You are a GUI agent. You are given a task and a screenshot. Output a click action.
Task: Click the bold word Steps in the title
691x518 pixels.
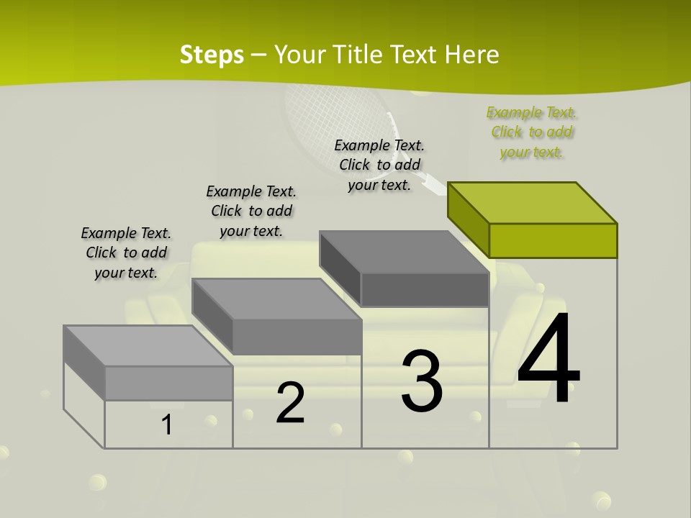(x=212, y=55)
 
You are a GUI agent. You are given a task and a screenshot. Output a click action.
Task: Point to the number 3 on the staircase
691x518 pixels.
(x=421, y=381)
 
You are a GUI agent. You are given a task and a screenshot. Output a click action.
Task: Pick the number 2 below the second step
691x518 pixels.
(x=290, y=403)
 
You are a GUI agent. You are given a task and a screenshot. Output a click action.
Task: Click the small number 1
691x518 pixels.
(x=167, y=425)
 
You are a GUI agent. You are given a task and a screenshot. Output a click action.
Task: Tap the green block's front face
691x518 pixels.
(x=553, y=240)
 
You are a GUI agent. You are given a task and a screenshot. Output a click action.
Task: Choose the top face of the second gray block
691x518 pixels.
(x=277, y=299)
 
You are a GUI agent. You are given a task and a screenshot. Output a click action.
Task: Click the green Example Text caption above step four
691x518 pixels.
(x=531, y=132)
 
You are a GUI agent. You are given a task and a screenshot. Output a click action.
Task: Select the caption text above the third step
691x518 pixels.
(x=379, y=165)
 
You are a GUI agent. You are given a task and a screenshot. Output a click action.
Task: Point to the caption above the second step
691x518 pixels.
(x=251, y=211)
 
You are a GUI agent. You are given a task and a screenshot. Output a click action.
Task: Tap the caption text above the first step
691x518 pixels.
(x=126, y=253)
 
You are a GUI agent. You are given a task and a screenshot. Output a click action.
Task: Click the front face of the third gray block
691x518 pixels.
(x=425, y=290)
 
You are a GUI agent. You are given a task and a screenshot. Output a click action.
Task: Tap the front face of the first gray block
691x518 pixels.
(x=168, y=383)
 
